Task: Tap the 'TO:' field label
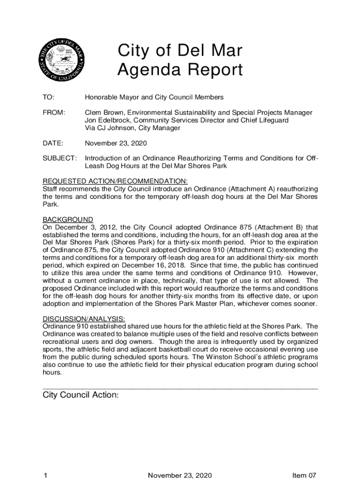click(x=48, y=97)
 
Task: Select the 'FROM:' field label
click(x=54, y=113)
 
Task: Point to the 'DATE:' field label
click(x=53, y=143)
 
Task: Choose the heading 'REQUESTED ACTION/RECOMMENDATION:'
click(x=115, y=181)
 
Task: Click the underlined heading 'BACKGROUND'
click(x=68, y=219)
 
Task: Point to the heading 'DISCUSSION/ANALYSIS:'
click(x=84, y=319)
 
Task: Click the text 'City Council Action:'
click(x=80, y=395)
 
